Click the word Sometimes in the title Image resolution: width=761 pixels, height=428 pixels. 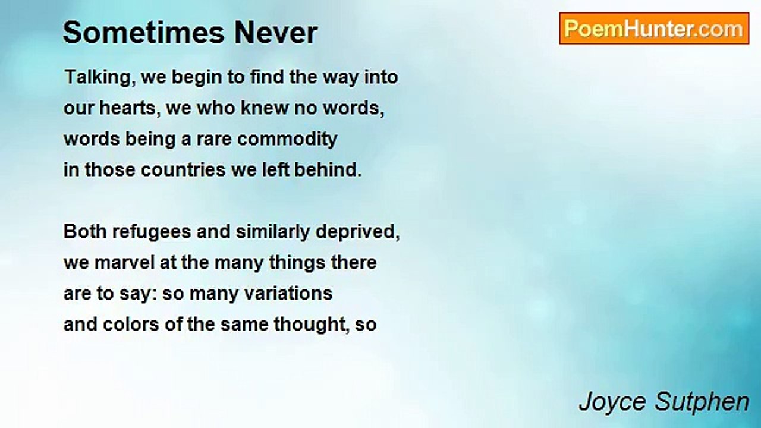point(144,33)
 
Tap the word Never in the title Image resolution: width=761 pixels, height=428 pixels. point(276,33)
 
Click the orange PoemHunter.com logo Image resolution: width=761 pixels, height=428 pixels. point(654,29)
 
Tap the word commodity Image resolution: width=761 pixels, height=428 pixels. point(287,139)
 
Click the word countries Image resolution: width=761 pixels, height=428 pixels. point(183,170)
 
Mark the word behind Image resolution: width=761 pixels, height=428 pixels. point(328,170)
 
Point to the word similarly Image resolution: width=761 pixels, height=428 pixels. point(273,232)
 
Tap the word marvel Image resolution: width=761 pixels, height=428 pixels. point(124,263)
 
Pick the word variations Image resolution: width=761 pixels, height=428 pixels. point(288,294)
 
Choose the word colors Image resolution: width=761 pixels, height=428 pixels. point(131,325)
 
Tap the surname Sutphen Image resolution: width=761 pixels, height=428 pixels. point(702,402)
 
